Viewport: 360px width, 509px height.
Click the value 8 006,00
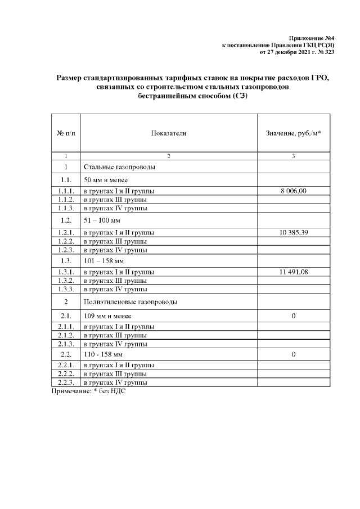294,191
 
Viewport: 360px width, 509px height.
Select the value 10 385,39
294,232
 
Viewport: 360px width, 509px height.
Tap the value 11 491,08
294,272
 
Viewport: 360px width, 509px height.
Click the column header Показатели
169,133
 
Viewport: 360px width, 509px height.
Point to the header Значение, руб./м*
294,133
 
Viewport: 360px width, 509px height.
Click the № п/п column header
66,133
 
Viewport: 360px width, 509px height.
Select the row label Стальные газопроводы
120,167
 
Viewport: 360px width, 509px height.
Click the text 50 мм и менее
107,179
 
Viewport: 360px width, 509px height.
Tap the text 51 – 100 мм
102,220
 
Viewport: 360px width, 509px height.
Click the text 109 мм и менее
107,316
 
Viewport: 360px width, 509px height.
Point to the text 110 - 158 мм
103,355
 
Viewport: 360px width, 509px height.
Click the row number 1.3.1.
66,272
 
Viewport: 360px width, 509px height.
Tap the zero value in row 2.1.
294,316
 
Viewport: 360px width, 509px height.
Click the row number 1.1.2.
66,200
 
